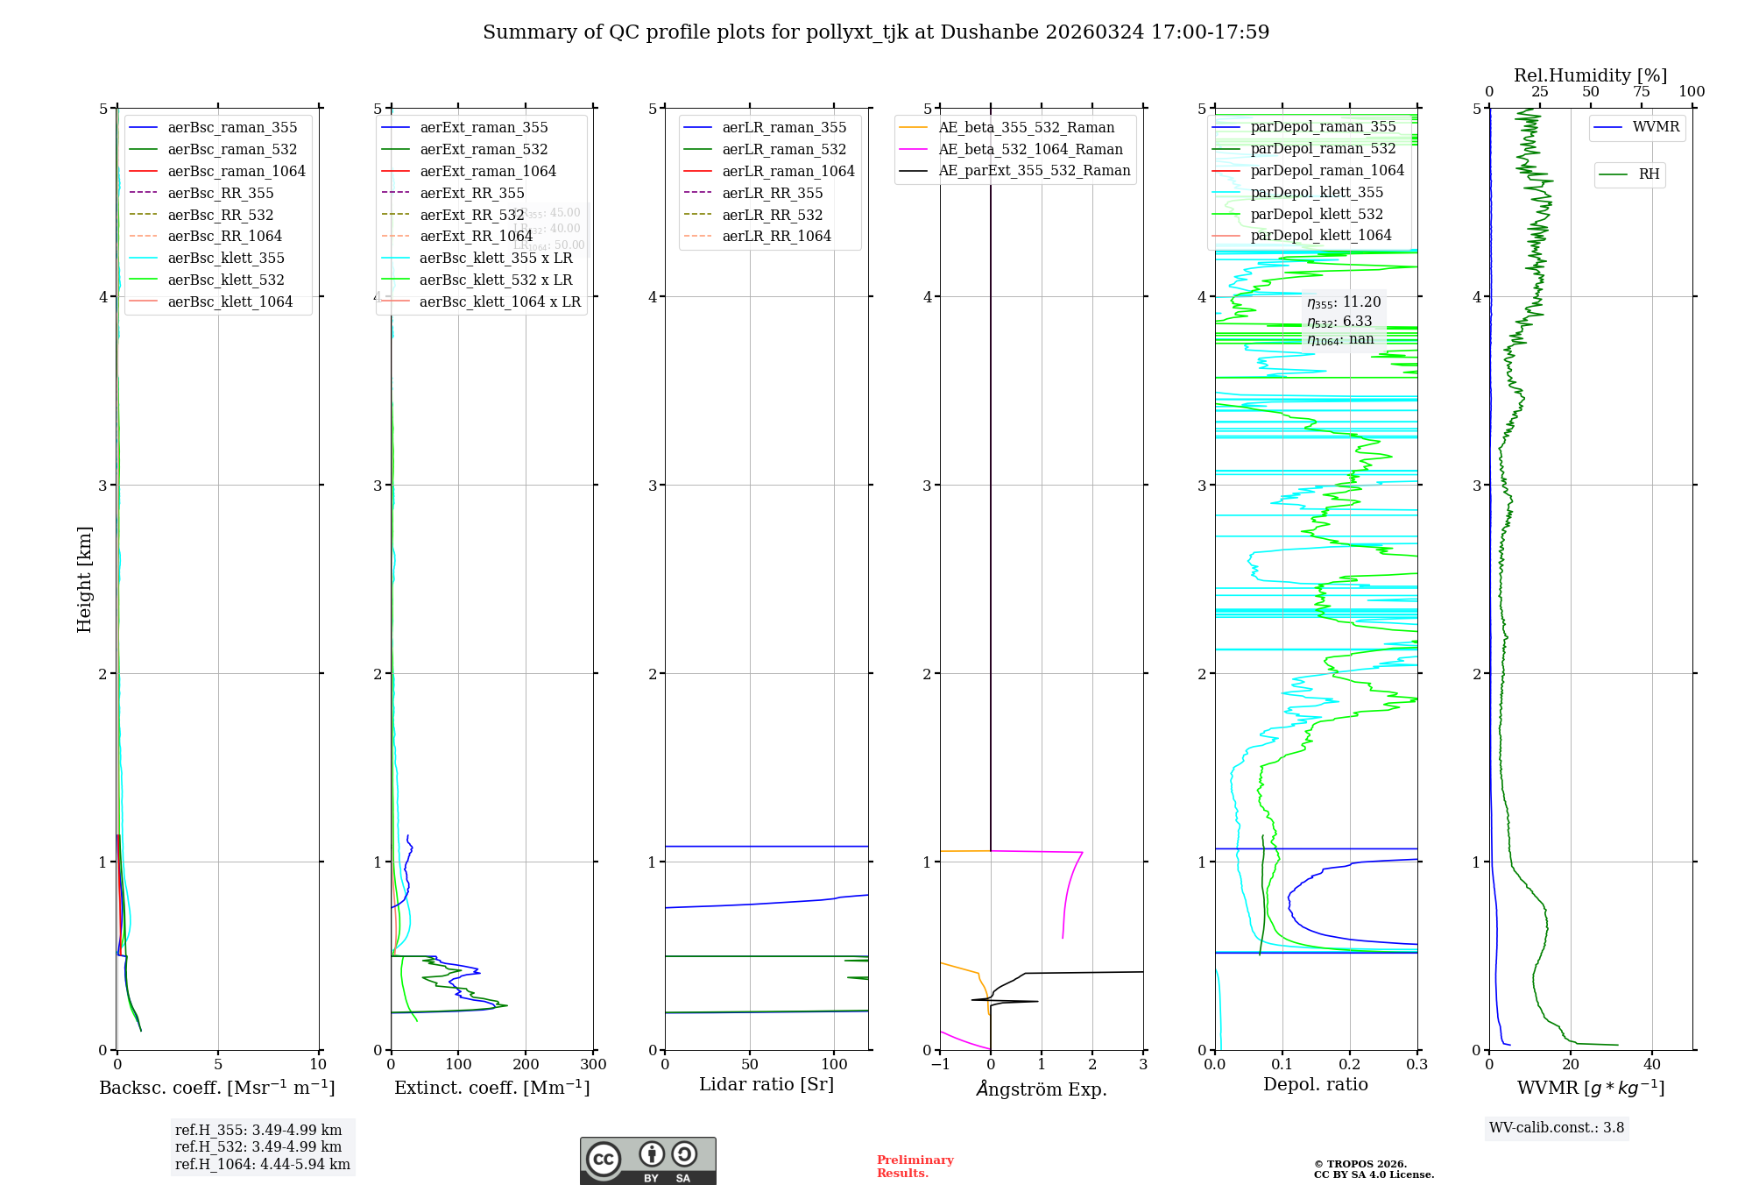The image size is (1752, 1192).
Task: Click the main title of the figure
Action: [x=876, y=32]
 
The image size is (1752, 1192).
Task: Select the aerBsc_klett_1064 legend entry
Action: [x=230, y=302]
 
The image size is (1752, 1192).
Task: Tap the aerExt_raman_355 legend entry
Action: [x=484, y=127]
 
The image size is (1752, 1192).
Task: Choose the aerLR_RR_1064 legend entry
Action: [x=776, y=236]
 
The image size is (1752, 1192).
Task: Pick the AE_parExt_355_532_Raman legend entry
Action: [x=1034, y=170]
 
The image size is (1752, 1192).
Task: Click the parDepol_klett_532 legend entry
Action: [x=1317, y=214]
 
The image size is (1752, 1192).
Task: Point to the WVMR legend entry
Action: [x=1656, y=127]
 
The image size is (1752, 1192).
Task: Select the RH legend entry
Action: [x=1649, y=174]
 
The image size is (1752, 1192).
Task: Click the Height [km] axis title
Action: [x=84, y=579]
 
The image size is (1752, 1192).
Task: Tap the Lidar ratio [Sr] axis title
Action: [x=766, y=1084]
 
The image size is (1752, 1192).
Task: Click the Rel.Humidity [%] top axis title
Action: [x=1590, y=75]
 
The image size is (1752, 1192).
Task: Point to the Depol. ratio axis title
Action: [x=1315, y=1084]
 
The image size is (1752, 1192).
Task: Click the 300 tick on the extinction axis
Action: [x=594, y=1065]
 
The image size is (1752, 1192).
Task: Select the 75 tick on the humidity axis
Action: [x=1642, y=92]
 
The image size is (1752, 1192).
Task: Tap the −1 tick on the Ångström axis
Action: [x=940, y=1065]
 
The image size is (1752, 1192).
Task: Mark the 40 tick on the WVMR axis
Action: [x=1652, y=1065]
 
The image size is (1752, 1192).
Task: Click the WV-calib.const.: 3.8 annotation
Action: [x=1557, y=1127]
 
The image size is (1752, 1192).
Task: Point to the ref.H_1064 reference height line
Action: [x=262, y=1164]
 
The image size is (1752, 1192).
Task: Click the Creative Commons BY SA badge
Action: [x=647, y=1160]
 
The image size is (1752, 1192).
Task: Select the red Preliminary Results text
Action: [x=915, y=1167]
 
